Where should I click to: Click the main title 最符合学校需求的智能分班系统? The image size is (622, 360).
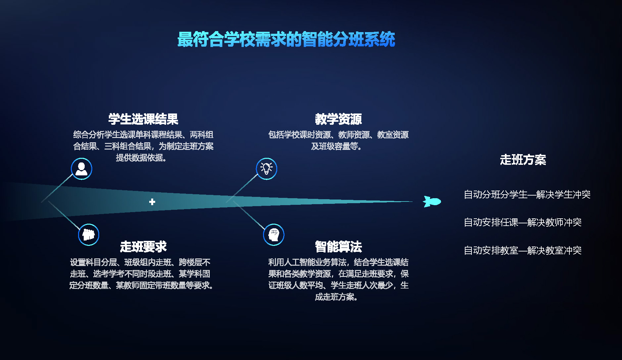pos(286,39)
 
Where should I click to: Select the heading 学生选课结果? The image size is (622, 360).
pos(143,119)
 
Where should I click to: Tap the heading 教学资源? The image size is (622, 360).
pos(338,119)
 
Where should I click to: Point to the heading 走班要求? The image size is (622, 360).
pos(143,247)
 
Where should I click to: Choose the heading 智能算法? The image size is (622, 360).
pos(338,247)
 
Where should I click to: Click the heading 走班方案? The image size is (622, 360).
pos(523,159)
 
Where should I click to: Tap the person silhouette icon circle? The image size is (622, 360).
pos(81,169)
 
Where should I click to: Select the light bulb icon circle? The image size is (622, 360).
pos(266,169)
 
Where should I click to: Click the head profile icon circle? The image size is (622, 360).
pos(274,235)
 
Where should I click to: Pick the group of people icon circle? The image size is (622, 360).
pos(89,235)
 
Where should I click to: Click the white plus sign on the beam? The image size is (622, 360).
pos(152,202)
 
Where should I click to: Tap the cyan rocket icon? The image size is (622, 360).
pos(432,202)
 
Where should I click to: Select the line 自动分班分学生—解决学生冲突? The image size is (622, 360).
pos(527,195)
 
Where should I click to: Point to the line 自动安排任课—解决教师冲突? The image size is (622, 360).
pos(523,222)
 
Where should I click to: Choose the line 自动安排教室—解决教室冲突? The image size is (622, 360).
pos(523,250)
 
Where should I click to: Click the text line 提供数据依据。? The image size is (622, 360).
pos(142,158)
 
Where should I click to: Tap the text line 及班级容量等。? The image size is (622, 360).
pos(337,146)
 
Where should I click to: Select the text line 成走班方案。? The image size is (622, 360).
pos(337,297)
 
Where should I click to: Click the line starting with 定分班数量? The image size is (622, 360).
pos(142,285)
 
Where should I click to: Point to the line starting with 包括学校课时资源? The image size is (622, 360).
pos(338,135)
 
